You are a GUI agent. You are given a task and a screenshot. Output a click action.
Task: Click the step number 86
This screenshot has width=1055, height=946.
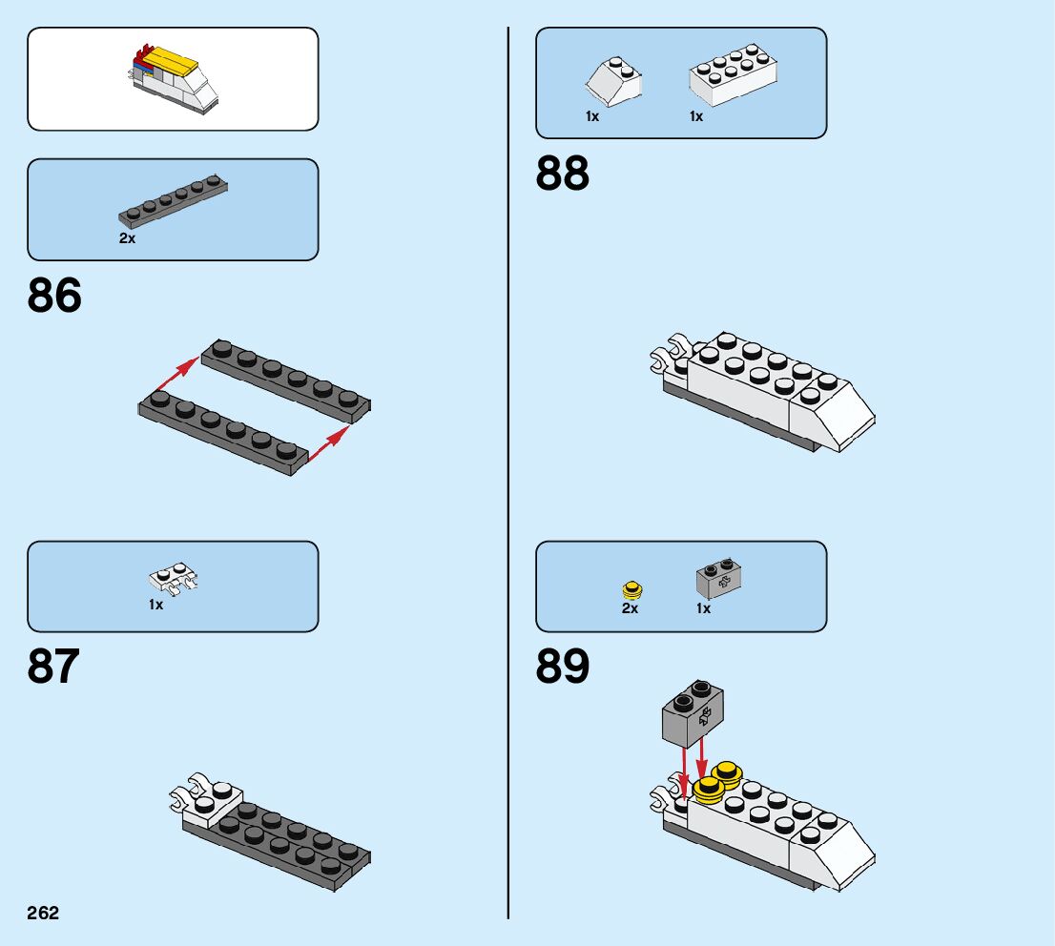coord(54,296)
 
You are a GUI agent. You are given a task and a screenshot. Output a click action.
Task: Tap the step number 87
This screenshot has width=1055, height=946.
coord(53,667)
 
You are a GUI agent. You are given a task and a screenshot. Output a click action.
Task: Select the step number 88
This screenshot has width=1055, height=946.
coord(563,175)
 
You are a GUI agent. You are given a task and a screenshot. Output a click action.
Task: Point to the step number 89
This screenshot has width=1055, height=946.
coord(563,667)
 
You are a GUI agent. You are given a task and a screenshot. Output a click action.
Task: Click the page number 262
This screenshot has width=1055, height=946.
coord(43,913)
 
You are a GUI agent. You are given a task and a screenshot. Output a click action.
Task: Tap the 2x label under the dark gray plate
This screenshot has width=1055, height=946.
coord(127,238)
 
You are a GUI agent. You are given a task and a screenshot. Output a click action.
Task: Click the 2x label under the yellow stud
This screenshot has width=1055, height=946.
coord(630,607)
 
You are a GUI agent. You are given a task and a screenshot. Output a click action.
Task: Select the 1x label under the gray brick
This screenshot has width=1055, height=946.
coord(703,607)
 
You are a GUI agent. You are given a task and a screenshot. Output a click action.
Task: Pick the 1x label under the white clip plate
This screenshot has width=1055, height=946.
coord(156,604)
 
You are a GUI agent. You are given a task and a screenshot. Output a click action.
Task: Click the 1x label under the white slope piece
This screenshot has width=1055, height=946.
coord(592,116)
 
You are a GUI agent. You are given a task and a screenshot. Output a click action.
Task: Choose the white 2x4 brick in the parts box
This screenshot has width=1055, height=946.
coord(733,74)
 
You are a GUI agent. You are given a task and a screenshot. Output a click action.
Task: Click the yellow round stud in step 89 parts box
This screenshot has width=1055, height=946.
coord(630,589)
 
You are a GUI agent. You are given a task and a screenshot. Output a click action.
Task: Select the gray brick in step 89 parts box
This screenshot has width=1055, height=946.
coord(720,577)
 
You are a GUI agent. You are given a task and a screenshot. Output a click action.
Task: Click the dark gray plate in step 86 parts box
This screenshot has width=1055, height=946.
coord(173,202)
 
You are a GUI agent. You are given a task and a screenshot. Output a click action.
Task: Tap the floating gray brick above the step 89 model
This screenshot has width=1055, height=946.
coord(693,714)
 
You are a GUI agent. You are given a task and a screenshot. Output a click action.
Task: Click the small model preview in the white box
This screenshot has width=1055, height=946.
coord(173,77)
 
